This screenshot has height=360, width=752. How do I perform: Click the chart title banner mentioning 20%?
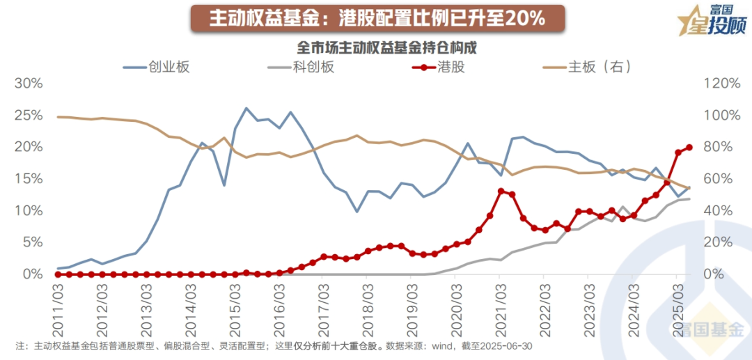click(x=377, y=18)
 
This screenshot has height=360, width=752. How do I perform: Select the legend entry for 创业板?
click(x=157, y=67)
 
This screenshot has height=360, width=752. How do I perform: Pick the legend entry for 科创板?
click(x=301, y=67)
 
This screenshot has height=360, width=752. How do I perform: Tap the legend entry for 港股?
click(x=440, y=67)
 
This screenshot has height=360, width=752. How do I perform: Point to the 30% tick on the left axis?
click(x=29, y=83)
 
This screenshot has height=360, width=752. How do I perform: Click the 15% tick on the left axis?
click(x=29, y=178)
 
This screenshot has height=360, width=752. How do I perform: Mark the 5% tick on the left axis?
click(x=31, y=242)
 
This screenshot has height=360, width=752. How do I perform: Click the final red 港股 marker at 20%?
click(x=689, y=147)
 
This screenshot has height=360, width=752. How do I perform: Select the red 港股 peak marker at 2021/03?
click(x=501, y=191)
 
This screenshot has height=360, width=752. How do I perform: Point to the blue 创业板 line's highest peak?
click(x=246, y=109)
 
